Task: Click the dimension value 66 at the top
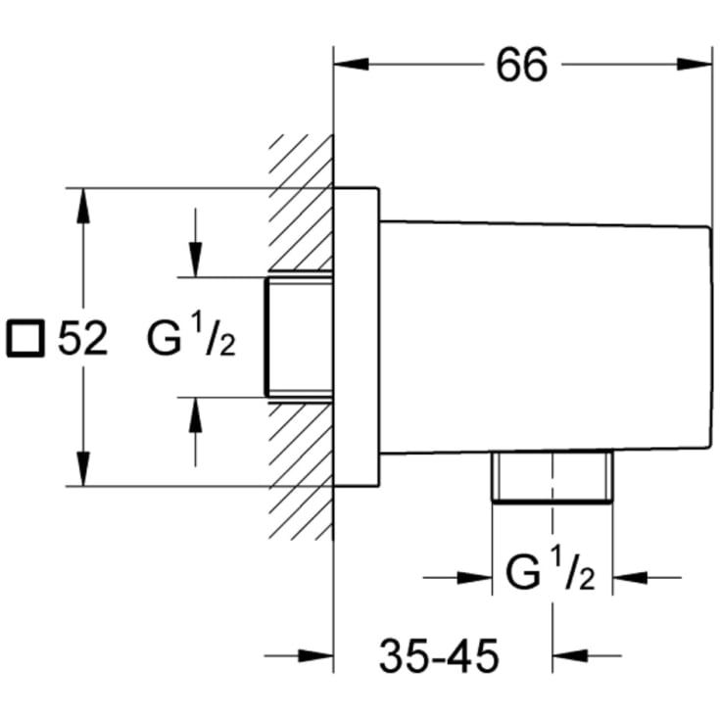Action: point(522,65)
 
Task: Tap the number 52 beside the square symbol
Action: point(82,338)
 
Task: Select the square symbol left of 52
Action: point(25,338)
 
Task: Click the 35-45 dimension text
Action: point(439,655)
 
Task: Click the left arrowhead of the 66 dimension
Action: point(352,65)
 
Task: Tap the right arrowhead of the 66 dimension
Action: point(695,65)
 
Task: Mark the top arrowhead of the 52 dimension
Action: point(83,206)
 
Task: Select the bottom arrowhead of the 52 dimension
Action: point(83,468)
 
